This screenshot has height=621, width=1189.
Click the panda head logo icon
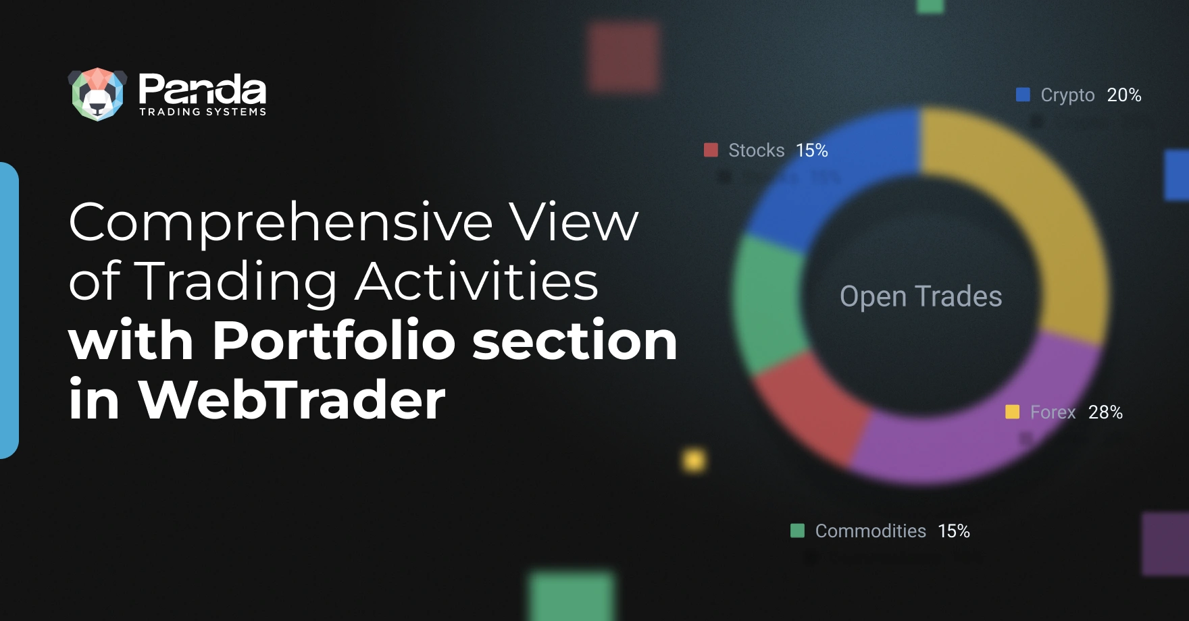pyautogui.click(x=98, y=94)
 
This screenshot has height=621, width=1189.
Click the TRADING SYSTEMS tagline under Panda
pyautogui.click(x=203, y=112)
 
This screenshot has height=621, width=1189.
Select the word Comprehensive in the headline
pyautogui.click(x=281, y=223)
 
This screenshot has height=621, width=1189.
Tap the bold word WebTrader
pyautogui.click(x=292, y=399)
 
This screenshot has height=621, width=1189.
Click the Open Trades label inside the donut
pyautogui.click(x=921, y=296)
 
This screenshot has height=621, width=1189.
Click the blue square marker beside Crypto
pyautogui.click(x=1023, y=94)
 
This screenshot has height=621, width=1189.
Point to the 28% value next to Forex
pyautogui.click(x=1105, y=412)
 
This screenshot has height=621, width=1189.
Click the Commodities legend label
pyautogui.click(x=870, y=531)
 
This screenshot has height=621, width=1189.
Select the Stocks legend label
pyautogui.click(x=756, y=150)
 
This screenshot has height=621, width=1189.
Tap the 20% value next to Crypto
pyautogui.click(x=1124, y=94)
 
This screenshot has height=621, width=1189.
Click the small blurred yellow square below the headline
pyautogui.click(x=694, y=460)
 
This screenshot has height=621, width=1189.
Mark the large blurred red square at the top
pyautogui.click(x=623, y=57)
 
